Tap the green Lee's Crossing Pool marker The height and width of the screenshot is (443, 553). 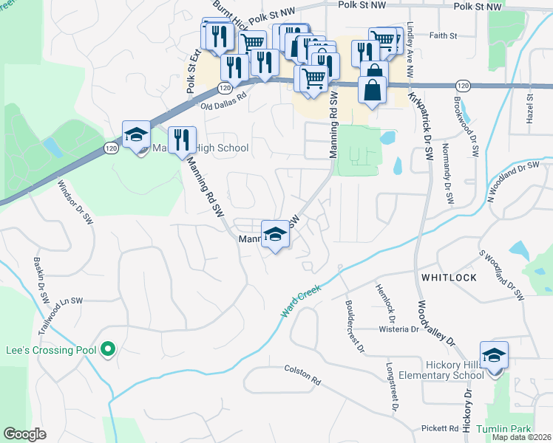(109, 348)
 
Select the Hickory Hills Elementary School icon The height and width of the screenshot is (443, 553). (494, 355)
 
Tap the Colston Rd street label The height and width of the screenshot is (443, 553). (302, 374)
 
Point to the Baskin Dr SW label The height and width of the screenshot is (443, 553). (41, 280)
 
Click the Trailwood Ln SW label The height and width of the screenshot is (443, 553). (58, 311)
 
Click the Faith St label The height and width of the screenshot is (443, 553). (443, 35)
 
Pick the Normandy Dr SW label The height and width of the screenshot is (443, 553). (447, 182)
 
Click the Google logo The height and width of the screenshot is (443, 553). (24, 434)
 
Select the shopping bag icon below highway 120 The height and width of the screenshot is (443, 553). (371, 90)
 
